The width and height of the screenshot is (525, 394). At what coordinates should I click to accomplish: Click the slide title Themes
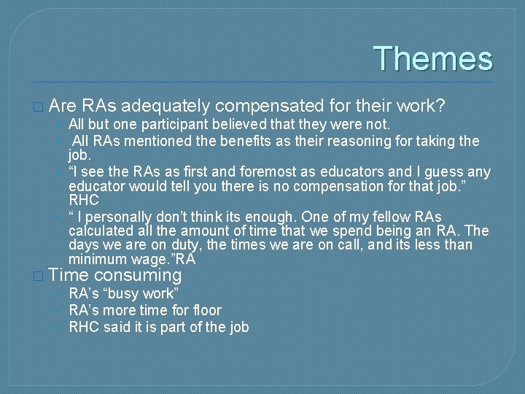point(433,59)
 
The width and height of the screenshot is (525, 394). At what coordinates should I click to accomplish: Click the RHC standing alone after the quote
point(83,200)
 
